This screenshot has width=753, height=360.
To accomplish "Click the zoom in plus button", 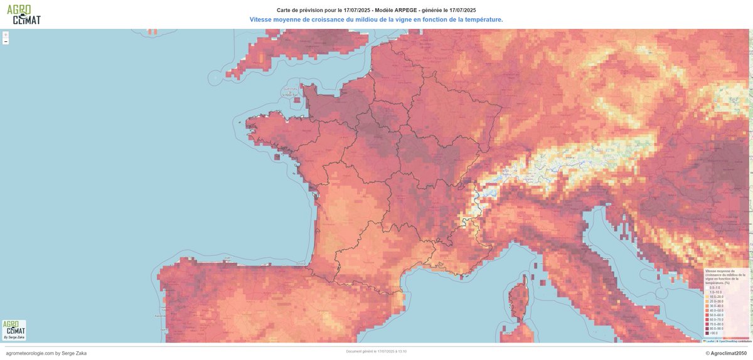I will (6, 34).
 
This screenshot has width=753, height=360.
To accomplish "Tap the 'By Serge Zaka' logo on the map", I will (14, 330).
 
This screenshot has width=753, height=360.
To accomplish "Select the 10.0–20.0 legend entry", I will (717, 297).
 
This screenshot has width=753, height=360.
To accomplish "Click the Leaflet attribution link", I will (709, 341).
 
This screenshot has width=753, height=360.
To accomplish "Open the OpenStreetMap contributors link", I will (734, 341).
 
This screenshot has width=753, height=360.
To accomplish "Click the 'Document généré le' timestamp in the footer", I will (376, 351).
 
